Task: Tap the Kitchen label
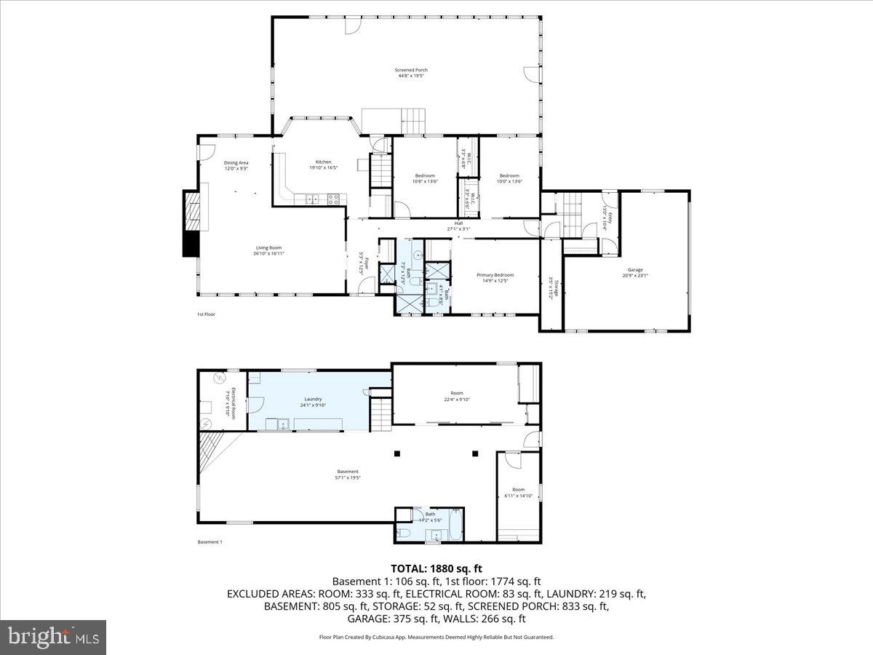point(323,162)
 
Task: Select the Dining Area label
point(236,163)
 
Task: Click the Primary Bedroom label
point(495,275)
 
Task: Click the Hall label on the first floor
point(458,223)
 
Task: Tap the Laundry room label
point(314,399)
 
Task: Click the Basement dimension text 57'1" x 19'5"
point(348,478)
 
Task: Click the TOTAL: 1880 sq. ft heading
point(436,568)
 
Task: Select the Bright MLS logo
point(53,638)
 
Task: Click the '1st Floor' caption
point(206,314)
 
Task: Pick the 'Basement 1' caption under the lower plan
point(210,542)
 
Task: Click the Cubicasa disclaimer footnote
point(436,637)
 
